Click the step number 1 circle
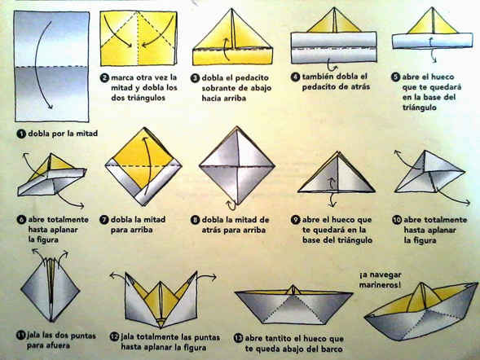click(21, 134)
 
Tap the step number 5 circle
click(396, 77)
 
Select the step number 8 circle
click(195, 220)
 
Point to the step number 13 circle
click(238, 338)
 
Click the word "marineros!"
click(380, 285)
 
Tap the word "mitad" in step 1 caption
click(86, 134)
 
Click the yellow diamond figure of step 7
click(143, 166)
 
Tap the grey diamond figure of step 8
click(237, 165)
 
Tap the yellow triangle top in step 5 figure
click(432, 21)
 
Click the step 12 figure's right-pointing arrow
click(206, 276)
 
